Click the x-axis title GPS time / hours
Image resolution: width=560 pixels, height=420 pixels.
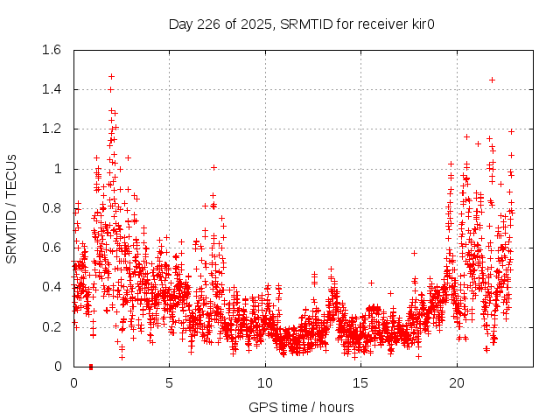pyautogui.click(x=301, y=407)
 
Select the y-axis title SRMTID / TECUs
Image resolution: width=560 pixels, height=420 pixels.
pyautogui.click(x=12, y=208)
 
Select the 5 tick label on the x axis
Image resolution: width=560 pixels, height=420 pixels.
pyautogui.click(x=170, y=383)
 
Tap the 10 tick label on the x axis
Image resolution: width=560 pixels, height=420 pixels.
pyautogui.click(x=265, y=383)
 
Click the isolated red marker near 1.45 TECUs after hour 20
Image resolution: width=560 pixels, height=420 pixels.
pyautogui.click(x=492, y=80)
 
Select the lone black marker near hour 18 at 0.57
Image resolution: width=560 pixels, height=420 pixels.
pyautogui.click(x=415, y=253)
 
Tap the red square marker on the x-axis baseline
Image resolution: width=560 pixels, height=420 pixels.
pyautogui.click(x=91, y=366)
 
